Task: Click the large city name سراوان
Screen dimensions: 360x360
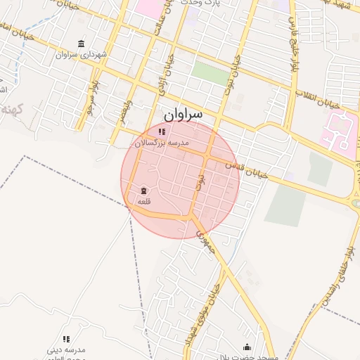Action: point(183,112)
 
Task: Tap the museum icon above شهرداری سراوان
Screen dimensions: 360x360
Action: point(82,44)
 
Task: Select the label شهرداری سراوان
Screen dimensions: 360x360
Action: point(82,54)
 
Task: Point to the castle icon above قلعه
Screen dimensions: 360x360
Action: point(143,191)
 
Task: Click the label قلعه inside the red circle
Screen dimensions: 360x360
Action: point(143,202)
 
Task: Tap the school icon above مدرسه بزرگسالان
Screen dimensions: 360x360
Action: point(162,131)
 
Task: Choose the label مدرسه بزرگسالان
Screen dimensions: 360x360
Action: point(162,143)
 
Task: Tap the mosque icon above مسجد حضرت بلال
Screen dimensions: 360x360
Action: point(247,347)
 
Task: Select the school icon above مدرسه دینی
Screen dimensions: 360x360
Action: point(67,339)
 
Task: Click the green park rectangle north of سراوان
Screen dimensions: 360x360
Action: point(210,73)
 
